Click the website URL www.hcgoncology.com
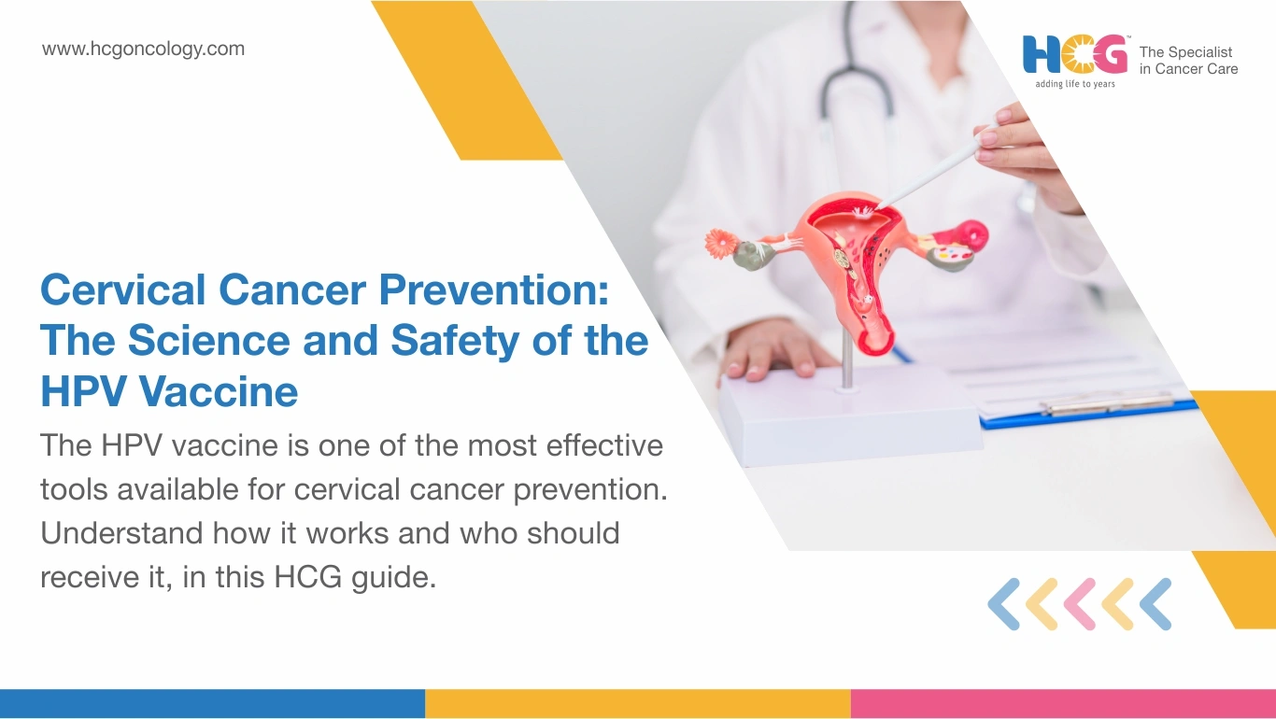click(x=143, y=49)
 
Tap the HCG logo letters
click(x=1075, y=55)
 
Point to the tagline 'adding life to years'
click(x=1075, y=84)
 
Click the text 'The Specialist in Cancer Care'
click(x=1188, y=61)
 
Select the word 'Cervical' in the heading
click(x=123, y=289)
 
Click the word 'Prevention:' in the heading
click(x=494, y=289)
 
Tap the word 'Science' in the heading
click(x=209, y=340)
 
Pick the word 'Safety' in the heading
click(x=455, y=342)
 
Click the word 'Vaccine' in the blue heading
click(x=219, y=391)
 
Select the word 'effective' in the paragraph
click(x=604, y=445)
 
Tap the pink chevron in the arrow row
click(x=1080, y=604)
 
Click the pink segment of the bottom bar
click(x=1063, y=704)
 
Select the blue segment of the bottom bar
click(x=212, y=704)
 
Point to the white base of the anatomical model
click(x=849, y=416)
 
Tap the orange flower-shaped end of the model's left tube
click(x=719, y=244)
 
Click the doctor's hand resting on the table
click(x=769, y=350)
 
